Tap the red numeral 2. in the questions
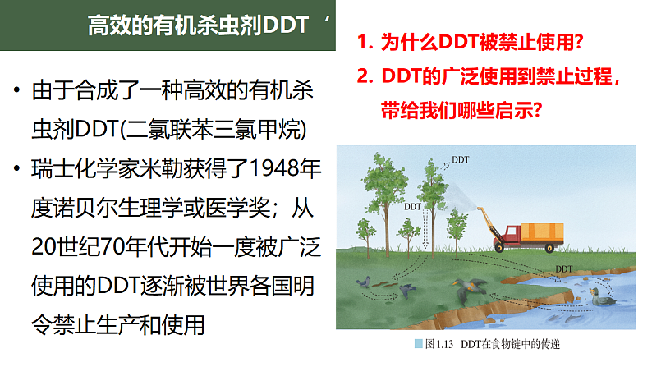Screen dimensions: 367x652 tap(366, 76)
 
